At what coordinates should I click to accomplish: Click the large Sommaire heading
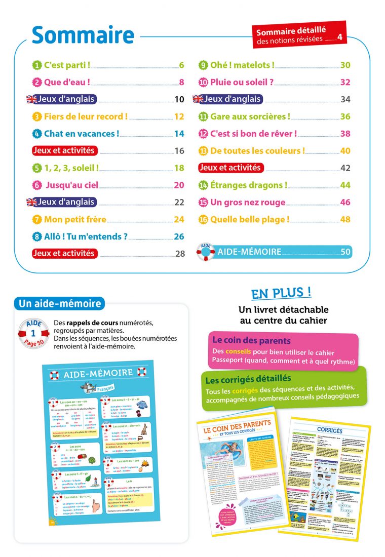tap(83, 34)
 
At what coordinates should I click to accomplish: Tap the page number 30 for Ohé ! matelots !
tap(345, 65)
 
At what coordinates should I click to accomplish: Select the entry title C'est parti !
tap(67, 65)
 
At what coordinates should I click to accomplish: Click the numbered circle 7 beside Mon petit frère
tap(37, 219)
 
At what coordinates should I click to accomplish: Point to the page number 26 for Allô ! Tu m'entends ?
tap(179, 236)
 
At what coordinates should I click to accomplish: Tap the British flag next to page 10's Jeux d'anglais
tap(32, 99)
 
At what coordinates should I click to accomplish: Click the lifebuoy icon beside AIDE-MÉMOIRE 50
tap(206, 252)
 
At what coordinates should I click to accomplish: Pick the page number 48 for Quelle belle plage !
tap(345, 219)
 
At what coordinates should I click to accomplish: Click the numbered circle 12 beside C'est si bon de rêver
tap(203, 134)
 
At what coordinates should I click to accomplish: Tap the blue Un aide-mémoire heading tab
tap(60, 304)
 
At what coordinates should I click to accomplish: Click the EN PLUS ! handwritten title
tap(281, 293)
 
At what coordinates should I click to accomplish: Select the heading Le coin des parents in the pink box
tap(251, 341)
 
